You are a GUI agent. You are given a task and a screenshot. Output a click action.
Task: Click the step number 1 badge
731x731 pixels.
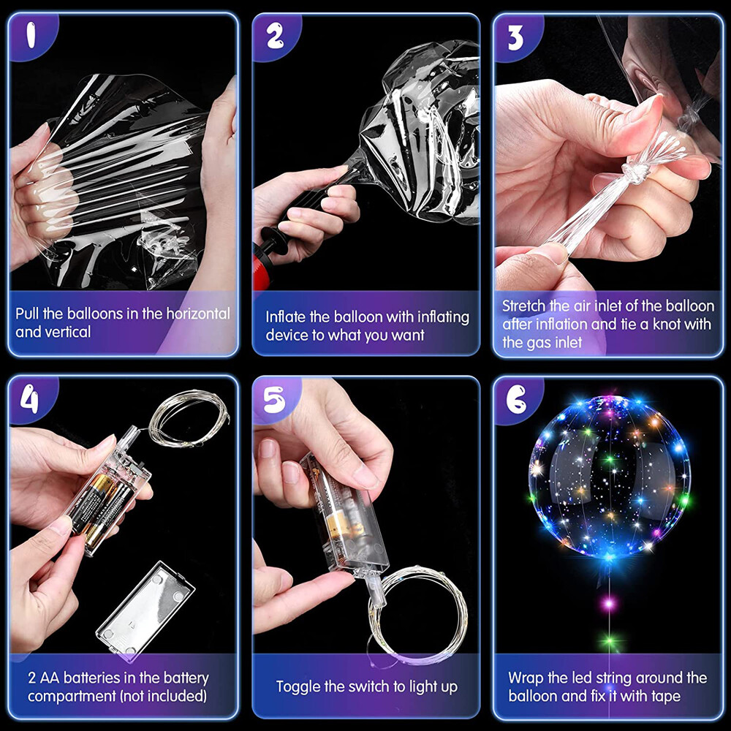(31, 36)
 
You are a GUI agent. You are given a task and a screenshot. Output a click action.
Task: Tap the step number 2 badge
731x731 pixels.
(275, 37)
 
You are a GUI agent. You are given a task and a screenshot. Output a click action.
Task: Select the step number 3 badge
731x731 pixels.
(515, 37)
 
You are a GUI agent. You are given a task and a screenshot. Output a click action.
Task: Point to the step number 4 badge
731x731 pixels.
(30, 400)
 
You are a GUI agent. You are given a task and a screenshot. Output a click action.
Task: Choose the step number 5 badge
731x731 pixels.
(274, 400)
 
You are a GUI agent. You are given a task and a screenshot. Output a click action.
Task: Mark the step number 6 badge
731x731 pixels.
(516, 400)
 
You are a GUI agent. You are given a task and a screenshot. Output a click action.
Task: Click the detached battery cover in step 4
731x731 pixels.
(145, 611)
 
